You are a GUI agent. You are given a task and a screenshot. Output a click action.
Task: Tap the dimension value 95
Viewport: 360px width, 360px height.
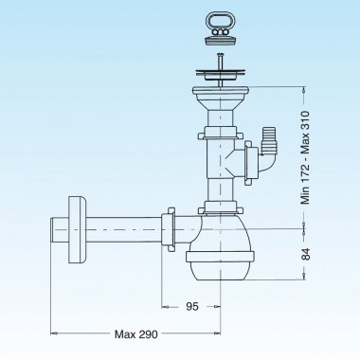click(193, 307)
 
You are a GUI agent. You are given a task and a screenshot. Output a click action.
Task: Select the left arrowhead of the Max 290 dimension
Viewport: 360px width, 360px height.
click(53, 332)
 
